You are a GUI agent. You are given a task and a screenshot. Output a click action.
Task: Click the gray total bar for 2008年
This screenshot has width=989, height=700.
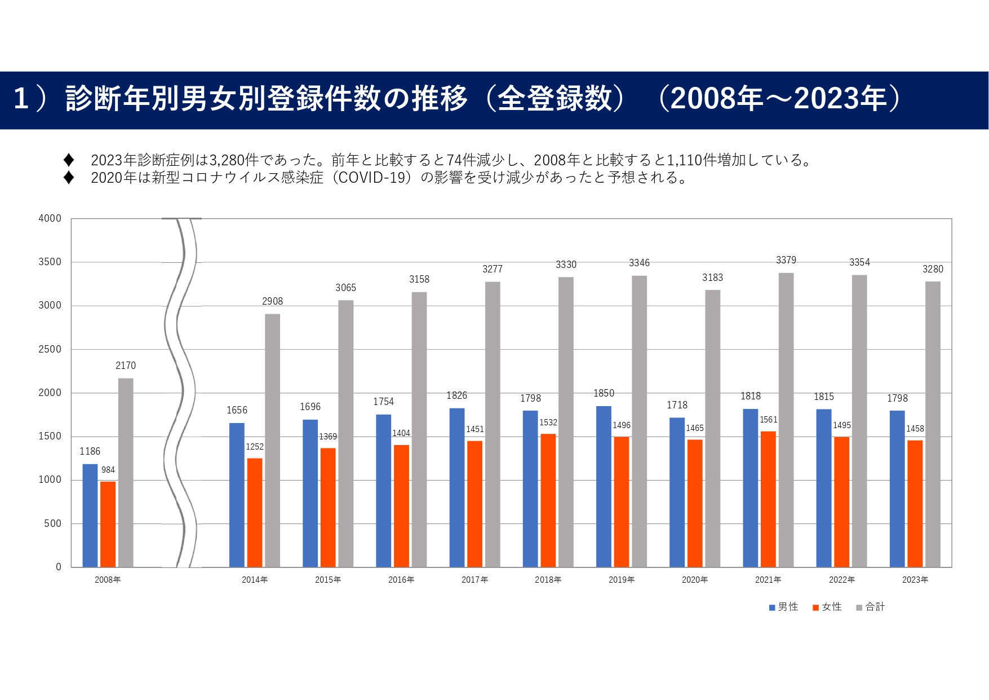[x=126, y=473]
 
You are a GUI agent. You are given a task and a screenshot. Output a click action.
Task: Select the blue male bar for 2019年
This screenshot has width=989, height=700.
[x=604, y=486]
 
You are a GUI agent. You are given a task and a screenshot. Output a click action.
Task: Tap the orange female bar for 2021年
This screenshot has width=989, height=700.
[x=768, y=499]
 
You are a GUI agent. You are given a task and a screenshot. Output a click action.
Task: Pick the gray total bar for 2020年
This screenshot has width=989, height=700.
[x=712, y=429]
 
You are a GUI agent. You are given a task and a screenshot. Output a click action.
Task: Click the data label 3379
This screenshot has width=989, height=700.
[x=786, y=260]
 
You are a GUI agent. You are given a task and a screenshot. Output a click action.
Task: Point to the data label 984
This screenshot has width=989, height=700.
[x=108, y=470]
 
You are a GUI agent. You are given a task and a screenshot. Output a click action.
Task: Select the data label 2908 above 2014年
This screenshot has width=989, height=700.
[x=272, y=301]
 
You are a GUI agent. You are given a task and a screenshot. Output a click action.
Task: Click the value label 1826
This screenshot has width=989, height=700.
[x=456, y=395]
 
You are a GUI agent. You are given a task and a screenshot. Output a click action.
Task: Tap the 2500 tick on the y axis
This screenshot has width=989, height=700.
[x=50, y=349]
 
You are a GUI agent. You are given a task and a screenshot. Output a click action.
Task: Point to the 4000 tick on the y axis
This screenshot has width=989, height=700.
[x=50, y=218]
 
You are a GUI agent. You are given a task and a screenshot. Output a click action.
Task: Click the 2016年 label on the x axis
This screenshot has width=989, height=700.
[x=401, y=580]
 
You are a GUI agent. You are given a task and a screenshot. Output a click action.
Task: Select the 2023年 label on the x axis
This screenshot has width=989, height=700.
[x=915, y=580]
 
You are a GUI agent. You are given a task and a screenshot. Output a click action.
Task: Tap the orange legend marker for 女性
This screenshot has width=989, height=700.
[x=815, y=607]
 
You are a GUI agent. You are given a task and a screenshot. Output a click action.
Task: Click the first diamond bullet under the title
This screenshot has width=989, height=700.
[x=69, y=160]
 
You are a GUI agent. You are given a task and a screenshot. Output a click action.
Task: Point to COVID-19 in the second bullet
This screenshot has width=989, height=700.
[x=372, y=178]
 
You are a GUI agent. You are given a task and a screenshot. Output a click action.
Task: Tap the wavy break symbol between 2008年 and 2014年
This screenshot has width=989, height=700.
[x=180, y=393]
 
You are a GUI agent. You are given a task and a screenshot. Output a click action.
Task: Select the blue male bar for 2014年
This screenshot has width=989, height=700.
[x=237, y=495]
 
